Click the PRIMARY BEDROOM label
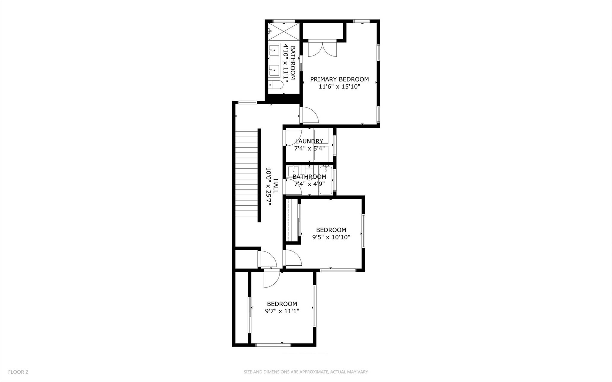[339, 80]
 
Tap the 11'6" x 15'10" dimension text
[339, 87]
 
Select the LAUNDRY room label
[309, 141]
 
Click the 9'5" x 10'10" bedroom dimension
[331, 237]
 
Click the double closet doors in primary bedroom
[322, 49]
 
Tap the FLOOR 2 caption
[18, 372]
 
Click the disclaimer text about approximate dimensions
[306, 372]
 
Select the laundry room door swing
[293, 137]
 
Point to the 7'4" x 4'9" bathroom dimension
[309, 184]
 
